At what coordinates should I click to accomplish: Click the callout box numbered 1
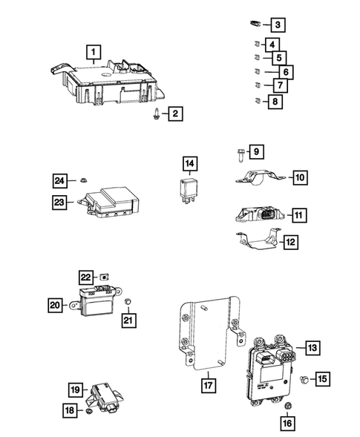tap(92, 52)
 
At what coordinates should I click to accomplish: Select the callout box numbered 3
tap(275, 26)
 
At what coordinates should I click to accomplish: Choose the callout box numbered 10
tap(298, 178)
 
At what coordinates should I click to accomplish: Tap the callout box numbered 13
tap(310, 347)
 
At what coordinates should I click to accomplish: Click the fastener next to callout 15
tap(304, 380)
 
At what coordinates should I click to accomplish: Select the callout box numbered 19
tap(75, 390)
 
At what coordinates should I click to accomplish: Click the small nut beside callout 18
tap(88, 410)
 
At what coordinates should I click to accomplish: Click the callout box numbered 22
tap(86, 277)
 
